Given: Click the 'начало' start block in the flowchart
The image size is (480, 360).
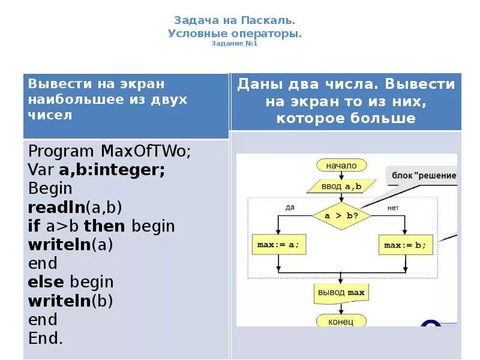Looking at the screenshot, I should click(x=341, y=166).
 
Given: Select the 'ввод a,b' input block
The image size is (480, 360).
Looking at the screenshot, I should click(x=341, y=186).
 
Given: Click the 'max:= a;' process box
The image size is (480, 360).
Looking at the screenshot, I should click(x=277, y=245).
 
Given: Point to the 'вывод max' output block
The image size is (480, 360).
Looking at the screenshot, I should click(x=341, y=293).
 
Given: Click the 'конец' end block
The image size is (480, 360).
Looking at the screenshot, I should click(x=341, y=322).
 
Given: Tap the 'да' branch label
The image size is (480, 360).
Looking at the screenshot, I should click(x=290, y=207).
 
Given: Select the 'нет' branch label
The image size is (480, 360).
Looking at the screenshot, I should click(x=393, y=207).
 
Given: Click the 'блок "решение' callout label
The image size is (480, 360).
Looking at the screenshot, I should click(x=424, y=175).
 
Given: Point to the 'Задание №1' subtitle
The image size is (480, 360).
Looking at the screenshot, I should click(x=235, y=44).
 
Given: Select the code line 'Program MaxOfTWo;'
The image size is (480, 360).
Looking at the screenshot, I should click(x=109, y=151).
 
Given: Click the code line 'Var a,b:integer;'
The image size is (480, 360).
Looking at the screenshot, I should click(x=97, y=170).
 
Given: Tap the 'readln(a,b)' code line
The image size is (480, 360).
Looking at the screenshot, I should click(x=75, y=208).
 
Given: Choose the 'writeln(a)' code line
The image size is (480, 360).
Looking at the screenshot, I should click(x=71, y=245).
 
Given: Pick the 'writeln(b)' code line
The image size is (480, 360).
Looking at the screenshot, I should click(x=71, y=301).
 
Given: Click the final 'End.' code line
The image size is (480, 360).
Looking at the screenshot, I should click(x=46, y=338).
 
